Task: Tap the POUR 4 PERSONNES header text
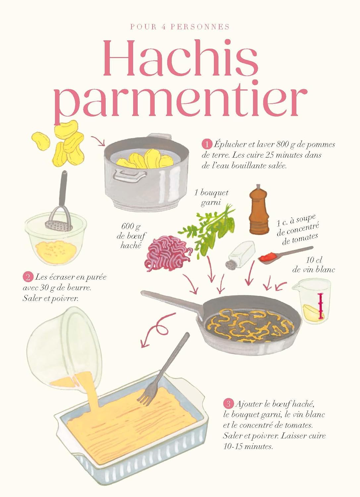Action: coord(180,27)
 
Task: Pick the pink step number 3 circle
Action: coord(228,404)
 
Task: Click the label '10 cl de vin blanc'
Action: coord(313,265)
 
